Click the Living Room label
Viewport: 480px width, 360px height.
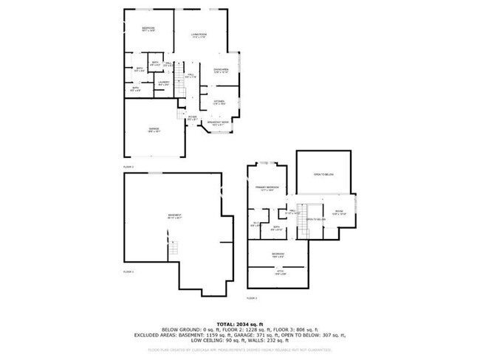coord(198,35)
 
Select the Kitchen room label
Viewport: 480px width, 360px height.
coord(219,102)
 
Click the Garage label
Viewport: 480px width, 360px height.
coord(154,129)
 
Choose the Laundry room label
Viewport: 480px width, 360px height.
coord(164,83)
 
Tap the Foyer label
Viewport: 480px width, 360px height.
coord(191,117)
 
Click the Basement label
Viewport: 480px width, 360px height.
coord(174,215)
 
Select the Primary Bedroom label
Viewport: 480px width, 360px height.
coord(267,188)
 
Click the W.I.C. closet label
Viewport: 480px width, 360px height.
coord(255,224)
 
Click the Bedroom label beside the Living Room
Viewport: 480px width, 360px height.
coord(148,29)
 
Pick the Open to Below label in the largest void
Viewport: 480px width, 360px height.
coord(323,174)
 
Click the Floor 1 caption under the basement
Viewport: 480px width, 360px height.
coord(128,272)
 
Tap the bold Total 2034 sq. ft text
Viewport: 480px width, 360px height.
coord(239,324)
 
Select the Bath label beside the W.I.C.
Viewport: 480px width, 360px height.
coord(276,227)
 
